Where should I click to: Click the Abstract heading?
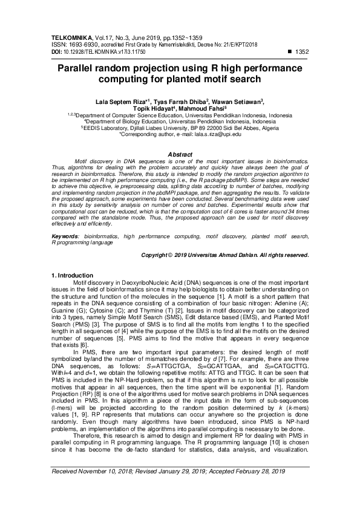pyautogui.click(x=179, y=155)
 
